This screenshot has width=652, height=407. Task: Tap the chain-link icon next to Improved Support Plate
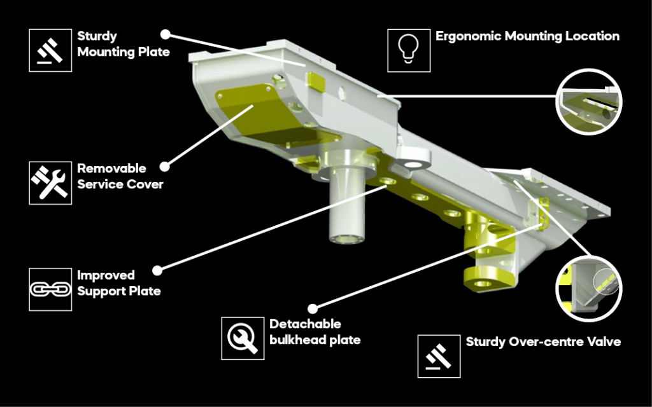(x=50, y=289)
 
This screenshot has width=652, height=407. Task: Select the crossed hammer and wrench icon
(x=50, y=183)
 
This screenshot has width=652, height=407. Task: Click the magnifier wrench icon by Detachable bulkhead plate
(x=243, y=337)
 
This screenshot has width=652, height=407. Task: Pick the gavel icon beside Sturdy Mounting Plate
(x=50, y=50)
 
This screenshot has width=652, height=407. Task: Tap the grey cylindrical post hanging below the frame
(x=347, y=210)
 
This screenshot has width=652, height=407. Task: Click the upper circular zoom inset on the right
(x=588, y=102)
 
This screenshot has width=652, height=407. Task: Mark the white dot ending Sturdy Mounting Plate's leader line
(x=165, y=33)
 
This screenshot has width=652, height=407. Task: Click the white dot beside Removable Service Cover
(x=164, y=167)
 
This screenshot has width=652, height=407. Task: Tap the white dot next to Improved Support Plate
(x=158, y=270)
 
